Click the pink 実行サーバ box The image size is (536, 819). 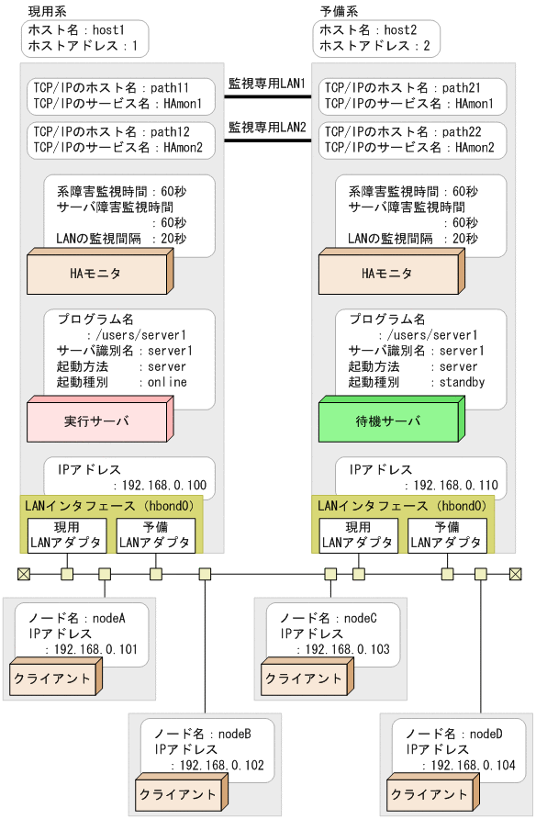[95, 421]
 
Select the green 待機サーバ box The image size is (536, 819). [386, 421]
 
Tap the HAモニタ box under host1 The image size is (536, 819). [95, 274]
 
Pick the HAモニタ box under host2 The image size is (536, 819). [386, 274]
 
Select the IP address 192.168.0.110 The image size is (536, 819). [450, 486]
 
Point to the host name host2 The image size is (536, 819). [399, 30]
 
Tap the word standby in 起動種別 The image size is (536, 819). [462, 382]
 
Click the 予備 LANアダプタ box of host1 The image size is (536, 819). [155, 535]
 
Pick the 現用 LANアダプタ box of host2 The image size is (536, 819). [358, 535]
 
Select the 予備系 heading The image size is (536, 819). [339, 10]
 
